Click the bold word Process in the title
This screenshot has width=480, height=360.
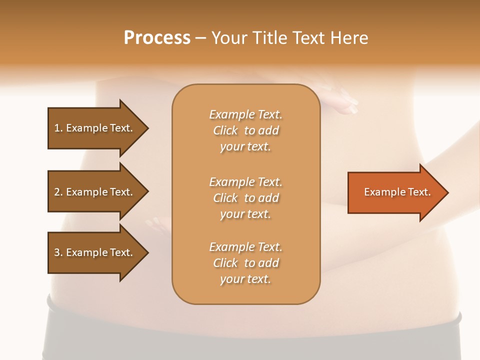tap(157, 38)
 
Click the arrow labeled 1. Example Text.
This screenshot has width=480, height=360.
tap(95, 128)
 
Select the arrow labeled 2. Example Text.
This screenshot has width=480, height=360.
tap(95, 192)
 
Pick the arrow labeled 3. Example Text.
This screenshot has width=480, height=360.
tap(95, 252)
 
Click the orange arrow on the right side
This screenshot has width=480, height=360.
tap(395, 192)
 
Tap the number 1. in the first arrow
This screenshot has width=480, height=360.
tap(58, 128)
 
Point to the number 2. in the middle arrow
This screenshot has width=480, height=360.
tap(58, 192)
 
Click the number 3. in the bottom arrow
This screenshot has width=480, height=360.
tap(58, 252)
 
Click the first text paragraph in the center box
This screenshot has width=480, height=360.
tap(245, 130)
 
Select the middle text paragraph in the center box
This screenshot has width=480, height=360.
tap(245, 198)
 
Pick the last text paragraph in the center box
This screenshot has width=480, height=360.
tap(245, 263)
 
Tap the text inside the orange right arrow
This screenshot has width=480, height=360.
tap(397, 192)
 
